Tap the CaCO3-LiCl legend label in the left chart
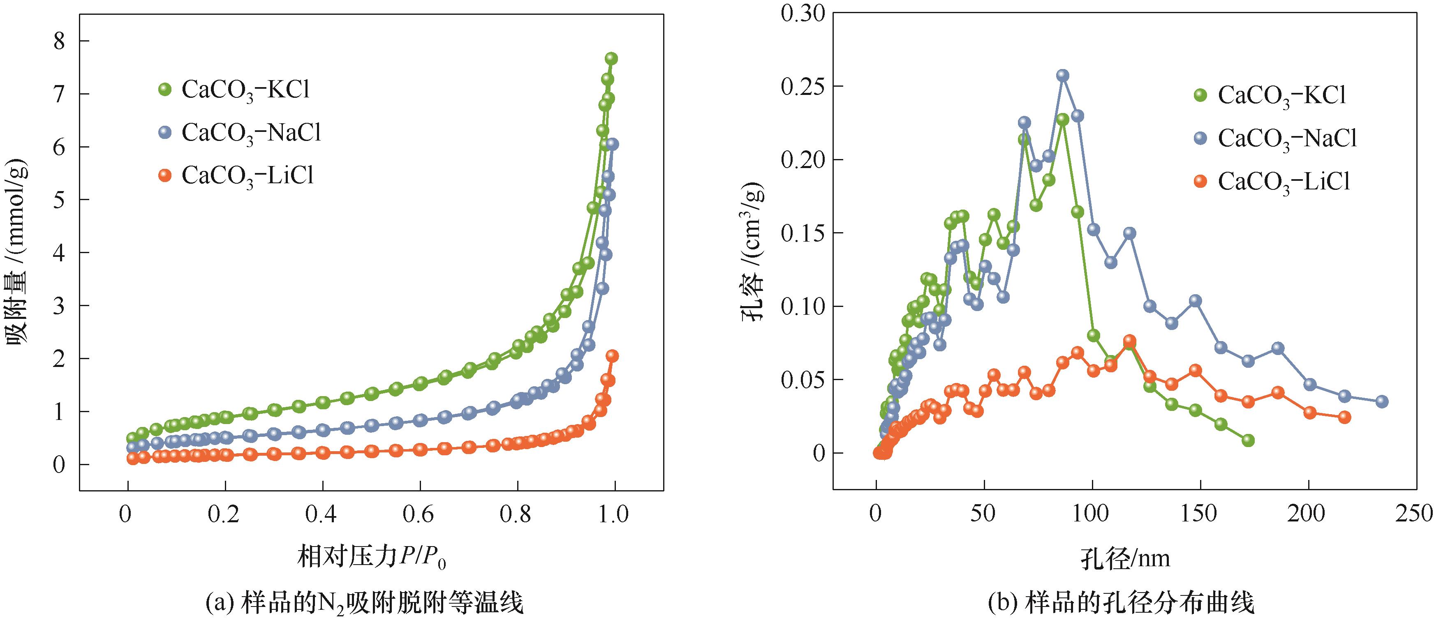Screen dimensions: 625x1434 tap(248, 176)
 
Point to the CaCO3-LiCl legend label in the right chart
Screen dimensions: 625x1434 tap(1284, 182)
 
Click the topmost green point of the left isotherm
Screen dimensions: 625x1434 tap(611, 58)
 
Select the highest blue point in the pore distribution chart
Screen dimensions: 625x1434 tap(1063, 75)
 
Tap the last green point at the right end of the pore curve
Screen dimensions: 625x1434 tap(1248, 440)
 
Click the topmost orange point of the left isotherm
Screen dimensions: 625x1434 tap(612, 355)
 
